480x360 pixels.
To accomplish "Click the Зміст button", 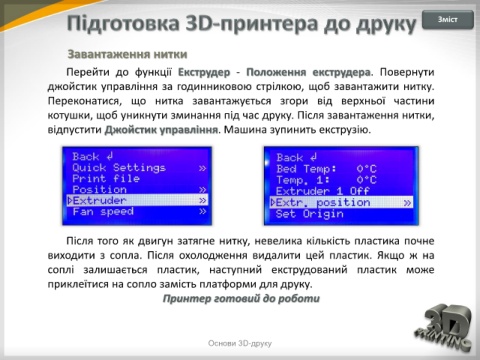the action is coord(448,20).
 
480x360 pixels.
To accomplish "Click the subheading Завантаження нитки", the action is coord(127,54).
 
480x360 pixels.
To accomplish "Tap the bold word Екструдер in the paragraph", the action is coord(204,72).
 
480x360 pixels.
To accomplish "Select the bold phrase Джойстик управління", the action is coord(161,130).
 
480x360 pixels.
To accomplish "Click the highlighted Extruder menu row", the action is coord(137,200).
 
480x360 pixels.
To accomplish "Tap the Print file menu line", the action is coord(106,179).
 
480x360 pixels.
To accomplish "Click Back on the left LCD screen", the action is coord(93,156).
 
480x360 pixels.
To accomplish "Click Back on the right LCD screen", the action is coord(297,157).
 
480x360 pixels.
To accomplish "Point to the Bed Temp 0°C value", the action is coord(366,169).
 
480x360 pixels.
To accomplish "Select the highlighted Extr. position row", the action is coord(341,202).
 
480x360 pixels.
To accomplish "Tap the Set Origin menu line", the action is coord(310,214).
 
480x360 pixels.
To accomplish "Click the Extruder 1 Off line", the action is coord(323,191).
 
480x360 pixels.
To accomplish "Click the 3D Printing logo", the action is coord(443,327).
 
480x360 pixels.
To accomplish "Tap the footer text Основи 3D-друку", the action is coord(240,343).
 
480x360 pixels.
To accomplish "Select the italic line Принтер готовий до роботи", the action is coord(241,298).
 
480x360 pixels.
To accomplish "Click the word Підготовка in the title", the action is coord(123,24).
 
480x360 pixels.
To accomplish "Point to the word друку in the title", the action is coord(387,24).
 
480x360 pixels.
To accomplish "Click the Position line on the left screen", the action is coord(99,190).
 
